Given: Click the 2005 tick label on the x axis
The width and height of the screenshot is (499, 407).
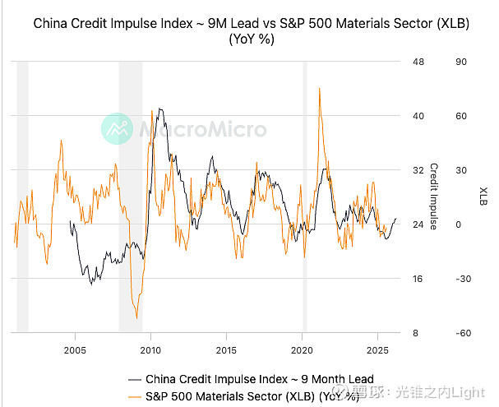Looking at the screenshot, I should click(76, 349).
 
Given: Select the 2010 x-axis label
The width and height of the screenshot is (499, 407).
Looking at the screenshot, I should click(150, 349).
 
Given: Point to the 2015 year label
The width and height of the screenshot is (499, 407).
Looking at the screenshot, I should click(226, 349).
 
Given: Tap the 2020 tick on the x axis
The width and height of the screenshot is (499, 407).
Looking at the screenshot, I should click(302, 349).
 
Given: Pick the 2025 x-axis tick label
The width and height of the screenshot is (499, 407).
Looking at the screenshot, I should click(377, 349).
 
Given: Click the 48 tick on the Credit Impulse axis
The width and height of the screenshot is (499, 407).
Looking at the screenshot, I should click(418, 62).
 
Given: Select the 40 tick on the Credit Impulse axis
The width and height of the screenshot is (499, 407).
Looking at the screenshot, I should click(418, 116).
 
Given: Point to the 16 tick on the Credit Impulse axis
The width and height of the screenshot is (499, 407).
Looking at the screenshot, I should click(418, 279).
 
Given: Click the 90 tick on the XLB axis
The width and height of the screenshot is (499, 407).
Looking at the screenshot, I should click(461, 62).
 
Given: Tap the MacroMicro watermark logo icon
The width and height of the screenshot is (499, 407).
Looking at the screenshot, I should click(117, 129).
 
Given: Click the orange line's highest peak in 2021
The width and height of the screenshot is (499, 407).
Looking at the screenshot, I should click(319, 88).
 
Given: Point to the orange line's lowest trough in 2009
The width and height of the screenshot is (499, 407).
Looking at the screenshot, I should click(136, 317).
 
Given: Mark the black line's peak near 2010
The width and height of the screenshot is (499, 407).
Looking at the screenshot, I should click(159, 109).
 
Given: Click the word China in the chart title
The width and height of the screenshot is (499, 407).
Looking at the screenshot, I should click(51, 24).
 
